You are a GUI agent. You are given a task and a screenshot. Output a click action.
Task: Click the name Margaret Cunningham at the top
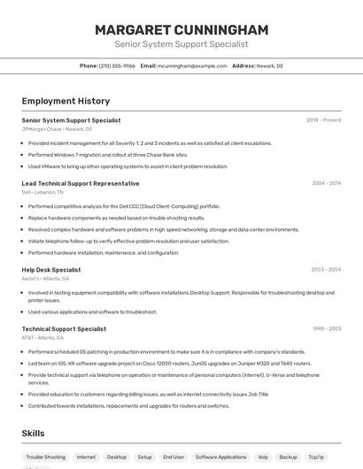coord(181,29)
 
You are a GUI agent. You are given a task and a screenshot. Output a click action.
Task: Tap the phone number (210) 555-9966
coord(117,65)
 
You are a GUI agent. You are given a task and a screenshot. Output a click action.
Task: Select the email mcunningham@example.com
coord(192,65)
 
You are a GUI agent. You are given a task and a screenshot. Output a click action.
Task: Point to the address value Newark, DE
coord(270,65)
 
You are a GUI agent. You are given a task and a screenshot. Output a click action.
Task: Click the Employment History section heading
coord(66,101)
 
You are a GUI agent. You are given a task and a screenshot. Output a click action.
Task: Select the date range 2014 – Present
coord(323,120)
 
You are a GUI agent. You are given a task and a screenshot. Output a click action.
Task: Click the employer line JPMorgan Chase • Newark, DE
coord(57,129)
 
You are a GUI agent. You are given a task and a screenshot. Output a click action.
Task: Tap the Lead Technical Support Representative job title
coord(81,183)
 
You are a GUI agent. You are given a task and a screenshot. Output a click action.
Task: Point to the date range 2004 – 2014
coord(326,183)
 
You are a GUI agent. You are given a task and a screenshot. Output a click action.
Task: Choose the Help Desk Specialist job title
coord(51,270)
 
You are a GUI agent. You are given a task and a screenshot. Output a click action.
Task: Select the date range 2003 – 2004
coord(326,270)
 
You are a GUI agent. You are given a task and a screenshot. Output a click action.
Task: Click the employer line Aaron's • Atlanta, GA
coord(46,279)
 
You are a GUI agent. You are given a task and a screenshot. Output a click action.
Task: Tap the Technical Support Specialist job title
coord(64,329)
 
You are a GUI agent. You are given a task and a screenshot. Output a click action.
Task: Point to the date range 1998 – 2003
coord(326,329)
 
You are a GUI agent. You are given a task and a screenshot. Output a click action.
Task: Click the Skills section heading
coord(34,433)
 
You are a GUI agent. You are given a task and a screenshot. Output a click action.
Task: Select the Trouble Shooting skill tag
coord(46,457)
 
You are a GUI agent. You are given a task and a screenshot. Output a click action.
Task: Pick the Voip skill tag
coord(263,457)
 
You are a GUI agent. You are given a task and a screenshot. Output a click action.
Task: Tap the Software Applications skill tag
coord(220,457)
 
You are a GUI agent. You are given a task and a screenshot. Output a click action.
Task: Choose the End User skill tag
coord(174,457)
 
